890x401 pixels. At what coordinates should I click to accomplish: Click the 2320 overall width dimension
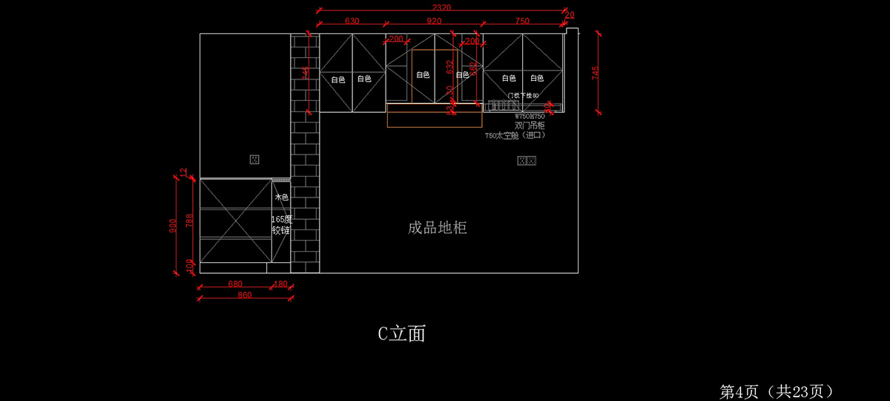pos(441,7)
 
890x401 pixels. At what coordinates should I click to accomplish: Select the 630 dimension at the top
pos(352,21)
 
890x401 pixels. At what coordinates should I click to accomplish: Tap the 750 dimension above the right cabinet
pos(522,21)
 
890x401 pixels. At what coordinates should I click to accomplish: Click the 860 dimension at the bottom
pos(245,295)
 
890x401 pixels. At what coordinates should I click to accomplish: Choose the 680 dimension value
pos(235,284)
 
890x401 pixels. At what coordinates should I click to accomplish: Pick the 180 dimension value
pos(281,284)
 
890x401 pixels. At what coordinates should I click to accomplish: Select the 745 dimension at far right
pos(595,74)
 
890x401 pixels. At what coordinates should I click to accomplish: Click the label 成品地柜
pos(438,228)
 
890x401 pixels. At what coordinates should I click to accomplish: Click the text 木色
pos(281,198)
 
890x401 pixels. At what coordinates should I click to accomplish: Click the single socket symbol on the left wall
pos(254,159)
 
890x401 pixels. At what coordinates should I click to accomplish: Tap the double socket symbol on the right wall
pos(527,160)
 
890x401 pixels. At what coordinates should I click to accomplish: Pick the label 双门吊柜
pos(530,126)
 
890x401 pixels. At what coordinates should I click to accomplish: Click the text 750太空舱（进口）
pos(515,136)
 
